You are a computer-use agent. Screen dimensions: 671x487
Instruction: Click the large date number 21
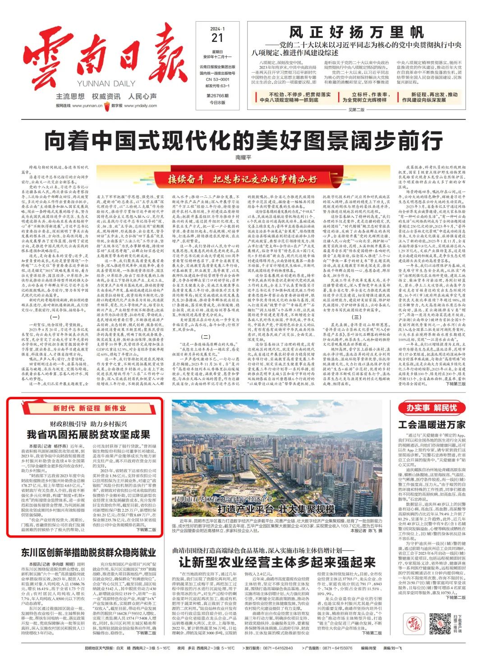click(x=217, y=38)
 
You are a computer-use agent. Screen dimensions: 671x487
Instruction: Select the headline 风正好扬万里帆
click(x=356, y=32)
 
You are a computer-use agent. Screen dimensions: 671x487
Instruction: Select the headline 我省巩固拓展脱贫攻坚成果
click(x=88, y=434)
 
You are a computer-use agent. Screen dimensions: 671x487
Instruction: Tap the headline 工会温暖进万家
click(x=432, y=424)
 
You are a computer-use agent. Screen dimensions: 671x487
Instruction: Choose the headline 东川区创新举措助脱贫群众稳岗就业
click(x=88, y=552)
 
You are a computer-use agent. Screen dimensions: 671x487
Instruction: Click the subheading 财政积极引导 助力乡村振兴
click(x=88, y=424)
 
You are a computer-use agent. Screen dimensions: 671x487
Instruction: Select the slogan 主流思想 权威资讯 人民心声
click(x=106, y=96)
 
